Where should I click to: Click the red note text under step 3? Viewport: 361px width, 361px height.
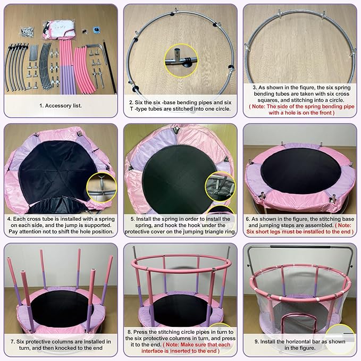point(300,109)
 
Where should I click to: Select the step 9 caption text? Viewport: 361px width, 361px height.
point(300,344)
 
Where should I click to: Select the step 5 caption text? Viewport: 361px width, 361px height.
point(180,224)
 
